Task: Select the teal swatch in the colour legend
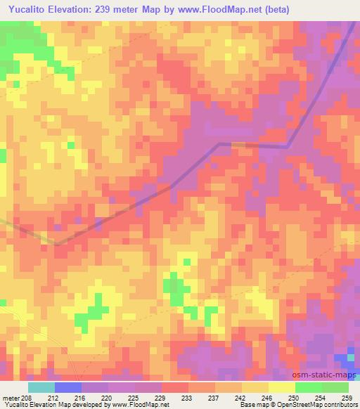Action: point(41,387)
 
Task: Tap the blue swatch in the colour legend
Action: point(67,387)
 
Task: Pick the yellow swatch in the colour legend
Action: point(281,387)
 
